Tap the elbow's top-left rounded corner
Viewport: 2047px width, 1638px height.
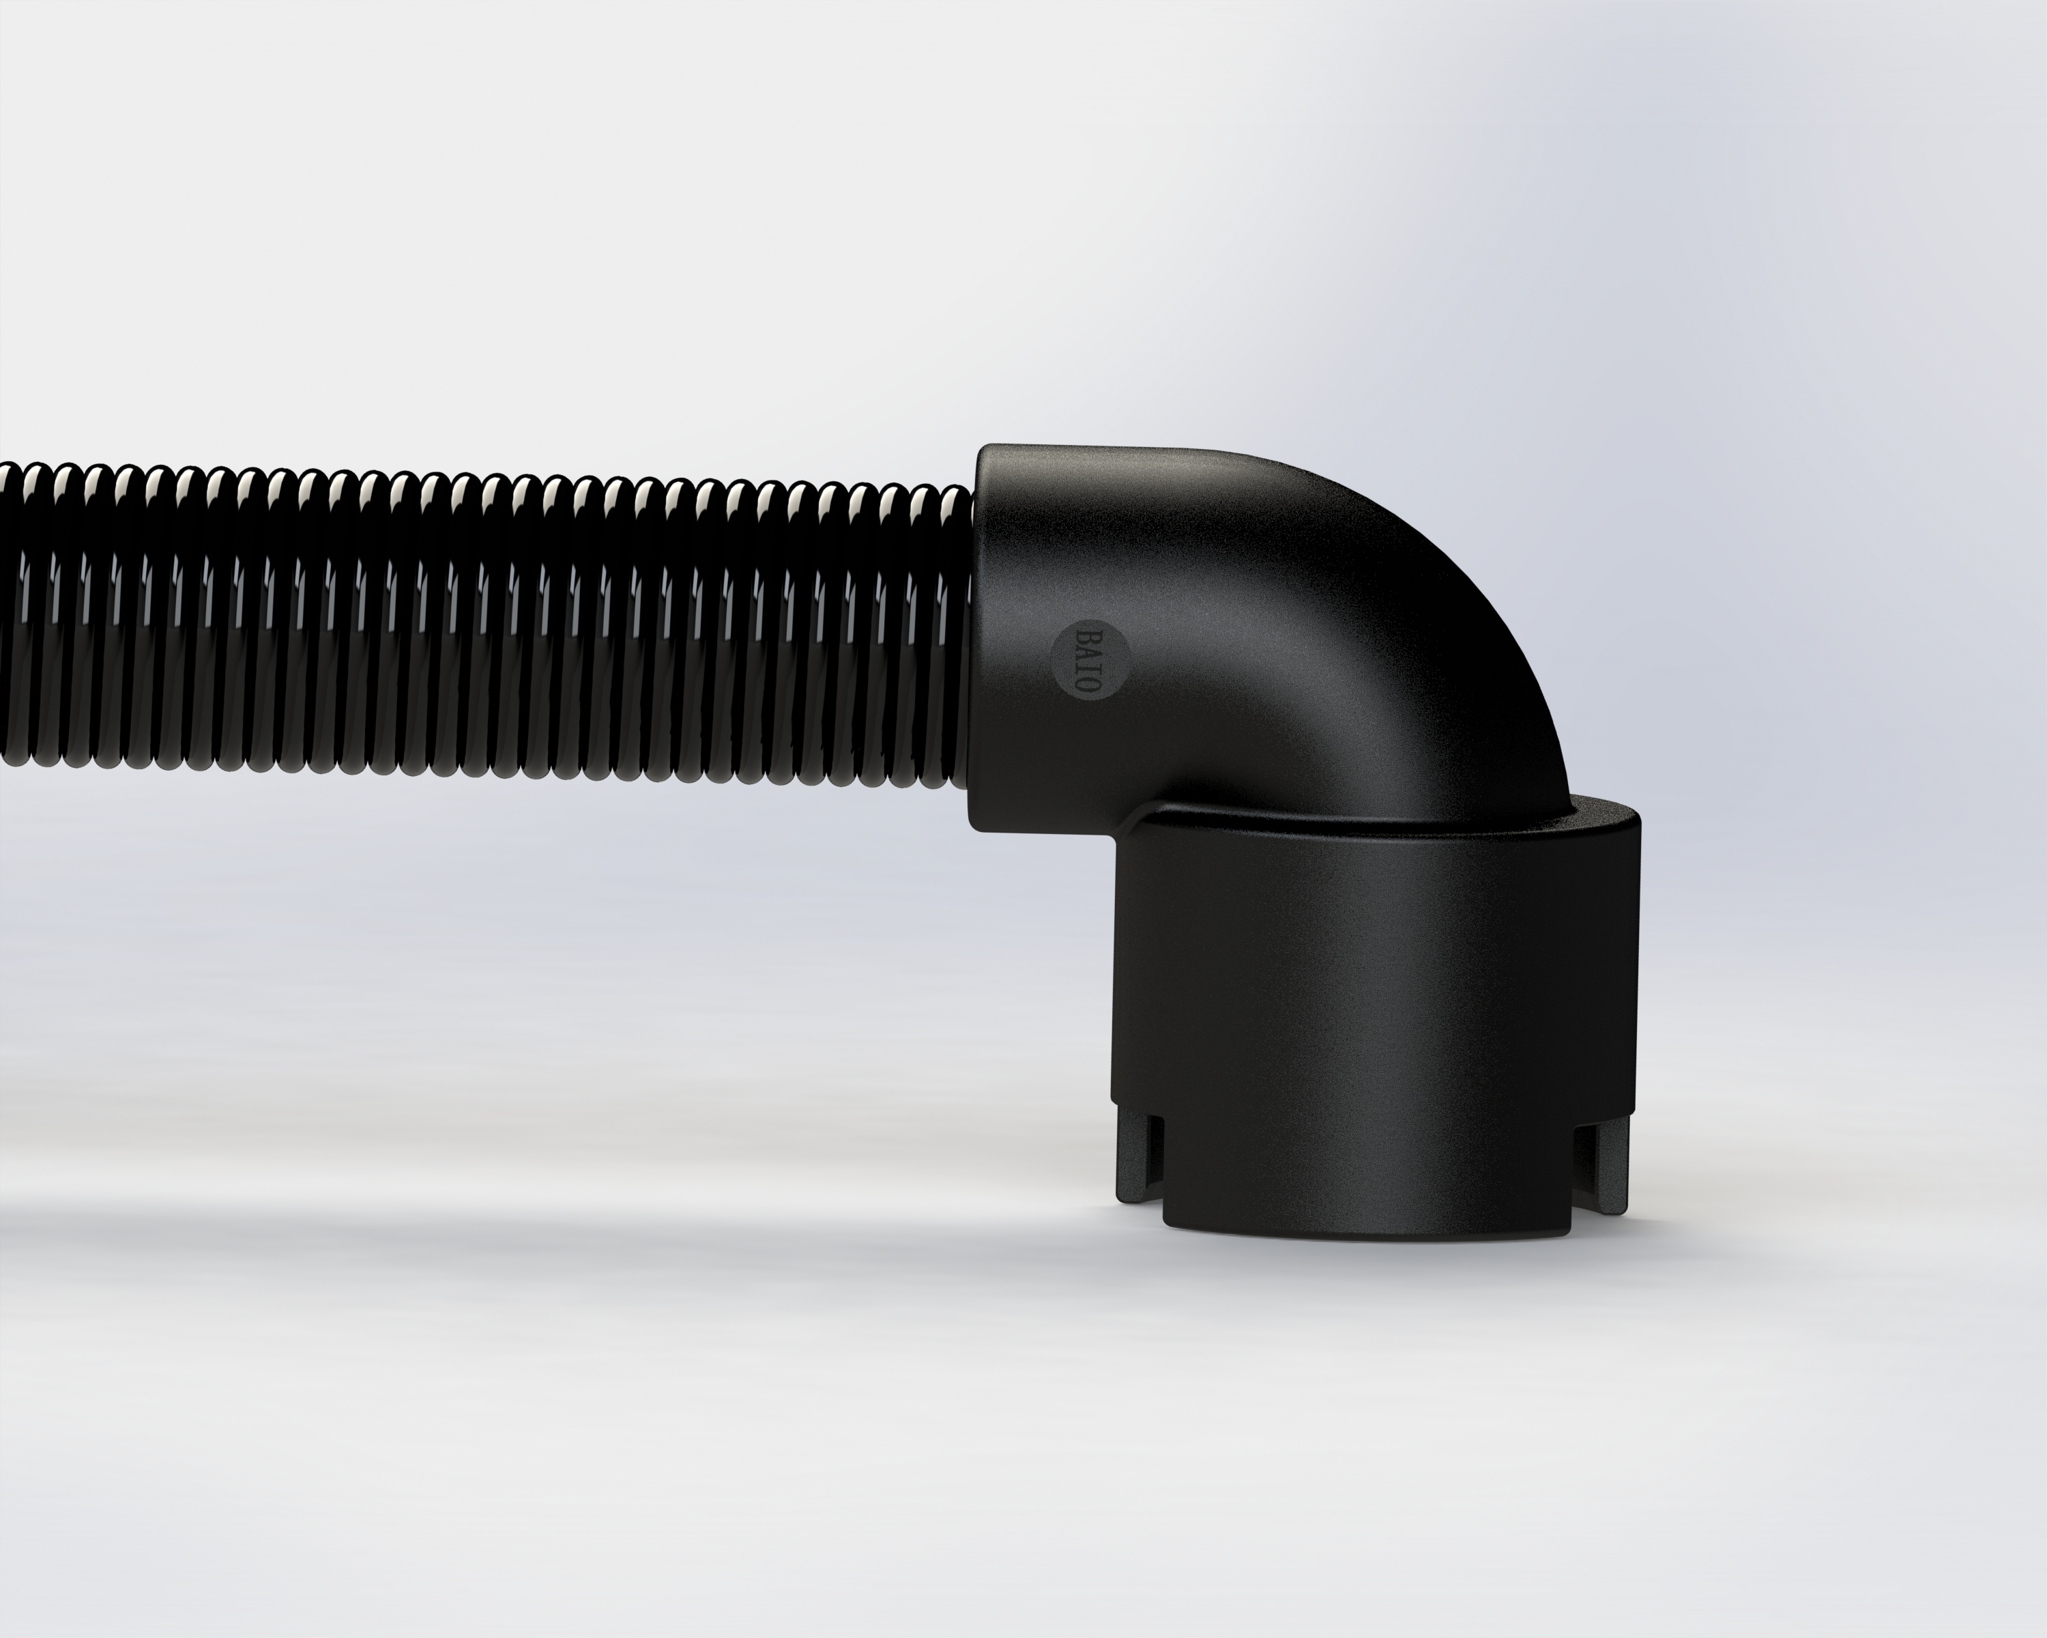(992, 461)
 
